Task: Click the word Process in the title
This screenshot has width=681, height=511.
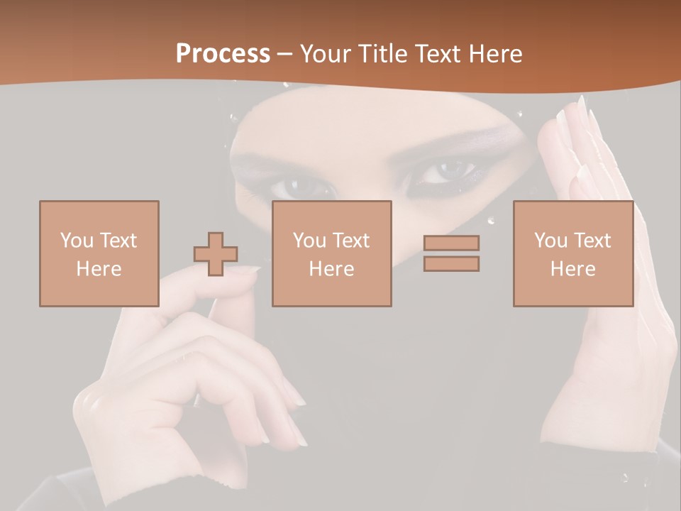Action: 223,54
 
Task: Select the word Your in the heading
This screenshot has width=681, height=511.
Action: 325,54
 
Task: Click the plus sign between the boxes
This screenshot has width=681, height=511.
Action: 216,253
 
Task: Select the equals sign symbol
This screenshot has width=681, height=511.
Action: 451,253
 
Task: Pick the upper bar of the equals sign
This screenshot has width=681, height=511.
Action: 451,243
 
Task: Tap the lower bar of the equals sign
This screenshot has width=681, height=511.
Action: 451,264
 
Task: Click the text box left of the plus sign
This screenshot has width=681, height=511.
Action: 99,253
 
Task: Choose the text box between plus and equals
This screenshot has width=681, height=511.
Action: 331,253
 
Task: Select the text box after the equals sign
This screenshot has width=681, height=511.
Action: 572,253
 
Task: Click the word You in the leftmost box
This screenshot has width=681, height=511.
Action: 76,240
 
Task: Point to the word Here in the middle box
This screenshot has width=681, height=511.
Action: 331,269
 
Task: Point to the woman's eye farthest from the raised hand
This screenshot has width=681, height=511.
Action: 301,186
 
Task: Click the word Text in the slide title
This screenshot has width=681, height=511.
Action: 436,54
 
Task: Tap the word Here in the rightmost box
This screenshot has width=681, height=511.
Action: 572,269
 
